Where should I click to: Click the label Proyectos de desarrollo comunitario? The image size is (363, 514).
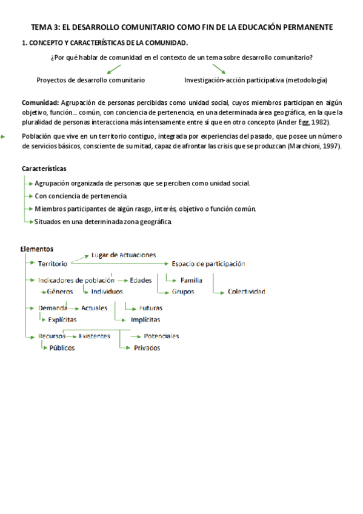click(x=90, y=80)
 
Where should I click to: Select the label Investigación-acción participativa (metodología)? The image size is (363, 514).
click(x=256, y=80)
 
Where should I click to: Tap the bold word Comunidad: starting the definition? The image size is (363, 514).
click(x=40, y=103)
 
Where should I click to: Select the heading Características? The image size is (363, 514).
click(x=44, y=169)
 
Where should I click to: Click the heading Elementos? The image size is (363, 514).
click(x=36, y=249)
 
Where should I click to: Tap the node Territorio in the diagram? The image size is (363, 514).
click(x=53, y=264)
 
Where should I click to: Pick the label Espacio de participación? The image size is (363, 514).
click(x=208, y=264)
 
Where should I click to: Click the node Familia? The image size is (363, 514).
click(x=191, y=280)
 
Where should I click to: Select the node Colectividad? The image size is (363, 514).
click(x=246, y=292)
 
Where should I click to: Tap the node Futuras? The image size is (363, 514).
click(x=150, y=308)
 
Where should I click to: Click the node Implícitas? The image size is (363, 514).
click(x=145, y=319)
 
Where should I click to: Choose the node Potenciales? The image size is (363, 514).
click(x=161, y=336)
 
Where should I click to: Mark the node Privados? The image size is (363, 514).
click(x=147, y=348)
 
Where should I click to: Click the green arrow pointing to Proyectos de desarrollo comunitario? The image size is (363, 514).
click(x=114, y=69)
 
